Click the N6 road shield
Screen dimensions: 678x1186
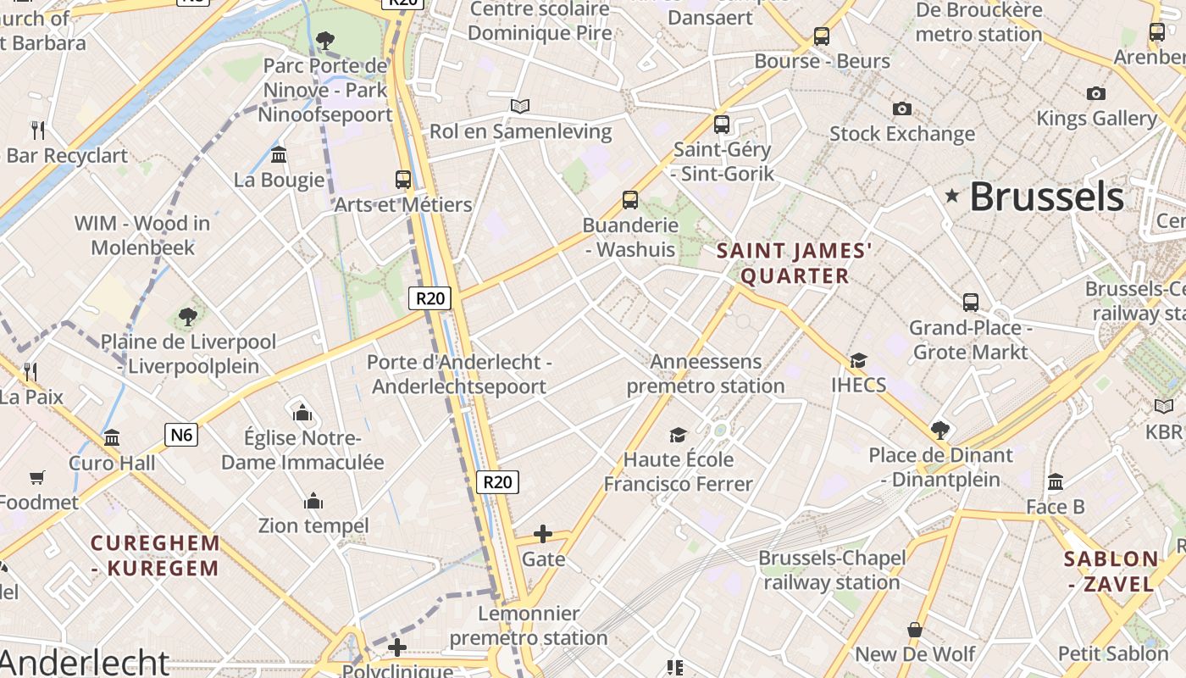pos(181,436)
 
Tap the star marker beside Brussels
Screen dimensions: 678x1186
pos(952,197)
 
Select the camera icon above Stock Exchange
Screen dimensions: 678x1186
pos(902,108)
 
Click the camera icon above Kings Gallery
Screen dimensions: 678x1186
pos(1096,93)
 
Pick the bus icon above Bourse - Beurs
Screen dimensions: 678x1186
pos(821,36)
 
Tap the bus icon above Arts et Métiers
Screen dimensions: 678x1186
pos(403,180)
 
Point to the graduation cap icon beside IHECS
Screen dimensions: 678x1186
pos(858,360)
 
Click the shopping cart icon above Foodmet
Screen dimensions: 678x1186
pos(36,477)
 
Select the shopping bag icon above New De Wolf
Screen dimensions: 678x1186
pos(915,630)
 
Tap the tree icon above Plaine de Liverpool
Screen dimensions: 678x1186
pos(188,317)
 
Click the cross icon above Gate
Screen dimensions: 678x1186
pos(543,534)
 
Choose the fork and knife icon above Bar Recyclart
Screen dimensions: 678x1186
pos(37,130)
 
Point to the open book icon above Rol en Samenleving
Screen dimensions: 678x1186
pos(520,106)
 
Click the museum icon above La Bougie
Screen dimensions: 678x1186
pos(279,154)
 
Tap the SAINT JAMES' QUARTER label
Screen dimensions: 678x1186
pos(795,263)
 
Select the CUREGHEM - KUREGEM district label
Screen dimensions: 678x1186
pos(155,555)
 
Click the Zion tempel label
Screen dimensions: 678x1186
pos(313,525)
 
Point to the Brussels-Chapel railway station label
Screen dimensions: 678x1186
pos(832,570)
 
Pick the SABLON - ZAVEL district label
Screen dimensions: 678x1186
pos(1111,571)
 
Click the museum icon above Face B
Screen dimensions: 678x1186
pos(1056,482)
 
